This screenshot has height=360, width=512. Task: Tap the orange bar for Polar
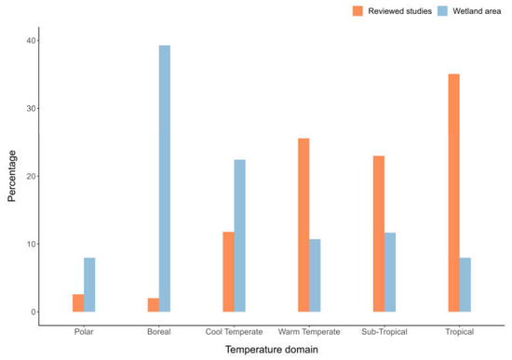pyautogui.click(x=78, y=303)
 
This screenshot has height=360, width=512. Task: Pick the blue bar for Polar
pyautogui.click(x=89, y=285)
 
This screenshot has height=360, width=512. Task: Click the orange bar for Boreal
pyautogui.click(x=154, y=305)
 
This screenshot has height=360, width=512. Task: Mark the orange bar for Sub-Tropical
pyautogui.click(x=379, y=233)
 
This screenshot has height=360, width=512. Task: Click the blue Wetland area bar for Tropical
pyautogui.click(x=465, y=285)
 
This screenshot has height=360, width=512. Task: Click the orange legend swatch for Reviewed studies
pyautogui.click(x=358, y=11)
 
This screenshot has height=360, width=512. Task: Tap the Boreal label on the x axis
pyautogui.click(x=159, y=331)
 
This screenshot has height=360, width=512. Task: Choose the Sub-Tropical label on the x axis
pyautogui.click(x=384, y=331)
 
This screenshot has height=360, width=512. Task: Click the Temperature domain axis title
pyautogui.click(x=272, y=350)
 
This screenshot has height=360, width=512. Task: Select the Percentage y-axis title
pyautogui.click(x=12, y=176)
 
